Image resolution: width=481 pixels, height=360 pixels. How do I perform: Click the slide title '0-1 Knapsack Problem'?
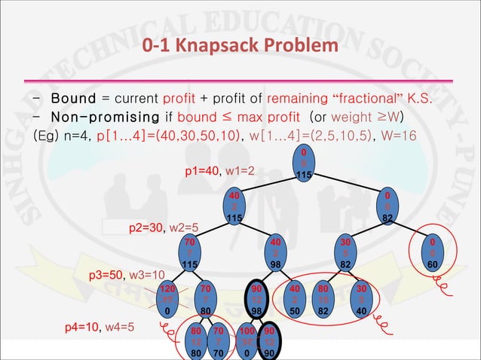240,47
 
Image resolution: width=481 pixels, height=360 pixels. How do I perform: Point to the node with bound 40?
361,298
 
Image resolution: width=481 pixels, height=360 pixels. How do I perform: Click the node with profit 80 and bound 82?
323,298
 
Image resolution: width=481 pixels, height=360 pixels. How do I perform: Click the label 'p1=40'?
202,171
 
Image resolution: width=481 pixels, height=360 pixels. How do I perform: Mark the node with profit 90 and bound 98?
258,298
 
